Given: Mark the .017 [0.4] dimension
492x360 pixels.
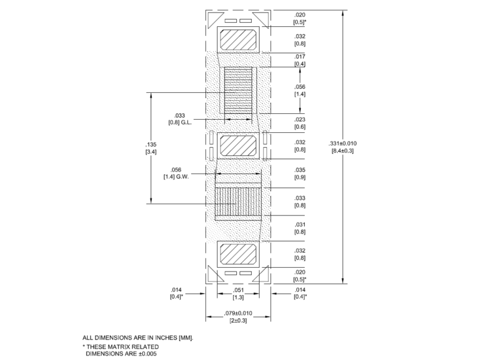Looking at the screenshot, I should coord(300,60).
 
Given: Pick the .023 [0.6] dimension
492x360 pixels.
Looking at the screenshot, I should coord(300,122).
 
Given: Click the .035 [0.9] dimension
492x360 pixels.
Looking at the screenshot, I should coord(300,173).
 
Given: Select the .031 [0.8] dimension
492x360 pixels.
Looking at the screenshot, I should coord(300,227).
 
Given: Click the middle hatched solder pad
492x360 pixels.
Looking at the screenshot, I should coord(239,145).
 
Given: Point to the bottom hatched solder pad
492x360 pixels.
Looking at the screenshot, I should coord(239,252).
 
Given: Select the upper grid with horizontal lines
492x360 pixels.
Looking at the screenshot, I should coord(238,90).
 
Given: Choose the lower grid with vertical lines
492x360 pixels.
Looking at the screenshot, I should coord(238,202).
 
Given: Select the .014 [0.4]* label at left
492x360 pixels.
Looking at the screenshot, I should coord(176,293).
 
